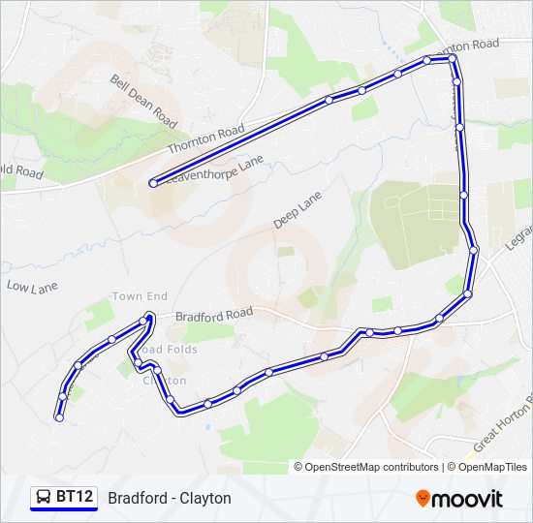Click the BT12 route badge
coord(64,498)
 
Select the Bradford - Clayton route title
coord(170,498)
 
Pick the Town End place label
coord(140,296)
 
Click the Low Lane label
coord(33,287)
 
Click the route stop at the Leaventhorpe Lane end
coord(153,183)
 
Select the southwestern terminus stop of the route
coord(59,418)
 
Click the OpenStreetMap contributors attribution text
coord(371,467)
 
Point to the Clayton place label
coord(165,381)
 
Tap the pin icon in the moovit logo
coord(423,498)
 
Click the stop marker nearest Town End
coord(143,320)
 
